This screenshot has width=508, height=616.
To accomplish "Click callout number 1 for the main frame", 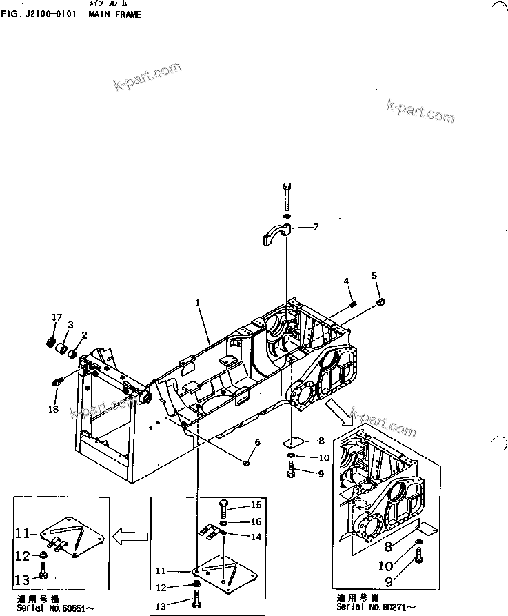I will pos(198,302).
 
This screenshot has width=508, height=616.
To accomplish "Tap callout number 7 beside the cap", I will pos(316,227).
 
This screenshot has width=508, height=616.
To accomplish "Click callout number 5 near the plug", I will pos(374,276).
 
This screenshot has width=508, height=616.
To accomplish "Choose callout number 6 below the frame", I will pos(257,442).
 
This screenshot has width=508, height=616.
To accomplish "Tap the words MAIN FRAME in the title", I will pos(114,14).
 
